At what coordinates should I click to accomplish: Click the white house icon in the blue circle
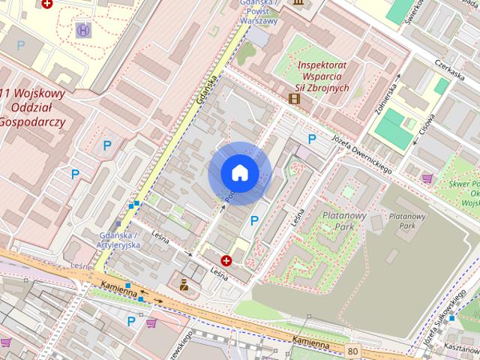tap(240, 172)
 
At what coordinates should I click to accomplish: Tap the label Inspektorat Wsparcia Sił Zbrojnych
tap(323, 76)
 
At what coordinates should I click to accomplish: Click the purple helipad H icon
tap(82, 30)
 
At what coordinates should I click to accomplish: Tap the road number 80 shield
tap(352, 350)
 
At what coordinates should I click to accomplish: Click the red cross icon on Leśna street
tap(226, 260)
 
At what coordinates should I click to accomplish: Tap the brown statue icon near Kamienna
tap(184, 284)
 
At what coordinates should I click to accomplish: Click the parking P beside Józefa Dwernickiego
tap(312, 139)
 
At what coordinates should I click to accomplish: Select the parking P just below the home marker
tap(254, 220)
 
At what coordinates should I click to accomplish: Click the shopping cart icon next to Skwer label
tap(427, 178)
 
